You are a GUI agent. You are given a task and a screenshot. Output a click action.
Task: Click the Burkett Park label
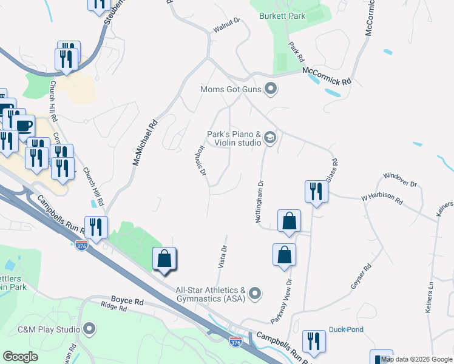(282, 16)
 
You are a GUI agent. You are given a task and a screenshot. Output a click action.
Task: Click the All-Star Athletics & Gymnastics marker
(256, 294)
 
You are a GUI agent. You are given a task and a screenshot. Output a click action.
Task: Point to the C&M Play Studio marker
(90, 330)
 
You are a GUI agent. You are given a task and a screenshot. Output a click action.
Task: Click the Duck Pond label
(345, 330)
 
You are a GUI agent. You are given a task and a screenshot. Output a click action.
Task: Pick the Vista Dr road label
(222, 257)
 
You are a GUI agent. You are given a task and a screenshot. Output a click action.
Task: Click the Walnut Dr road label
(227, 25)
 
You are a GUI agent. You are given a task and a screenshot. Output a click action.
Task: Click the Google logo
(21, 357)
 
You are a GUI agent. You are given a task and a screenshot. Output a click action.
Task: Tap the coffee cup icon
(24, 126)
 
